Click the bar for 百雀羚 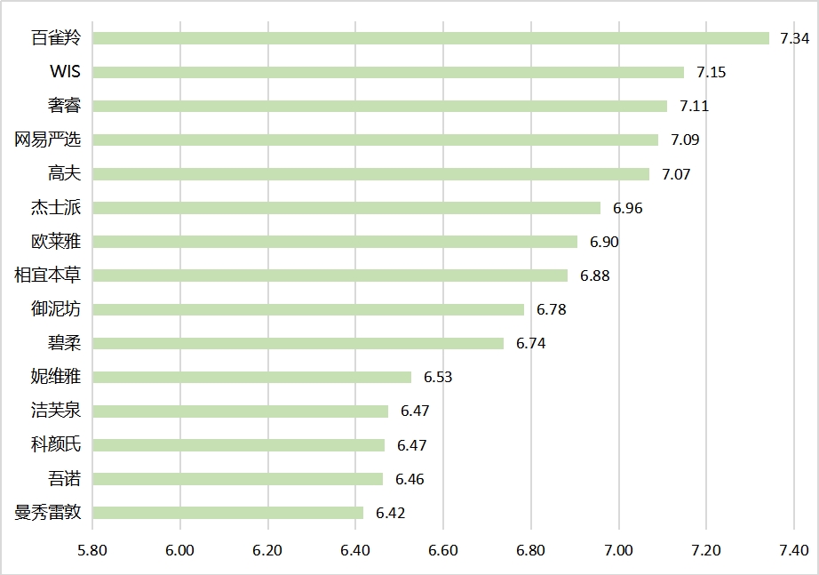point(431,38)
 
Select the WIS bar point(388,72)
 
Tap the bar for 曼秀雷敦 point(228,513)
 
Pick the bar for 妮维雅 point(252,377)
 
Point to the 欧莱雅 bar point(335,242)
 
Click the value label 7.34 point(794,38)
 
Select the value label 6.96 point(627,208)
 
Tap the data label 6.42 point(390,513)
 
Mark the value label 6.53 point(438,377)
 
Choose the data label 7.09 point(685,140)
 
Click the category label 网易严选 point(48,140)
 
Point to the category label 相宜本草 point(48,276)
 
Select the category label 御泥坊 point(55,309)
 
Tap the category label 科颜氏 point(55,445)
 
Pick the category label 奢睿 point(64,106)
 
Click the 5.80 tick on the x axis point(92,549)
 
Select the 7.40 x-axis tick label point(793,549)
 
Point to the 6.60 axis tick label point(442,549)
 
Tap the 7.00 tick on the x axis point(618,549)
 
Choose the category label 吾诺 point(64,479)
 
